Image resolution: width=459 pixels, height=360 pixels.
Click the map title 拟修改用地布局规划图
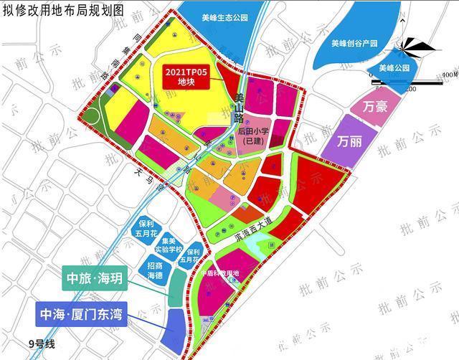pos(63,9)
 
